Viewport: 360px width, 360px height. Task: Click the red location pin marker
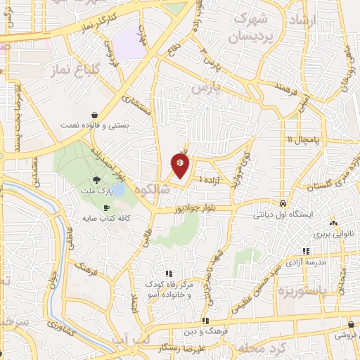(180, 165)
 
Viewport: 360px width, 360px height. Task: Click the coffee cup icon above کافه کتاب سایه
(106, 208)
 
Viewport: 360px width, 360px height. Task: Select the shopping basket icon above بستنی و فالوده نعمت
(95, 115)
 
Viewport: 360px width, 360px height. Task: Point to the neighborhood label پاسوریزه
(302, 290)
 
